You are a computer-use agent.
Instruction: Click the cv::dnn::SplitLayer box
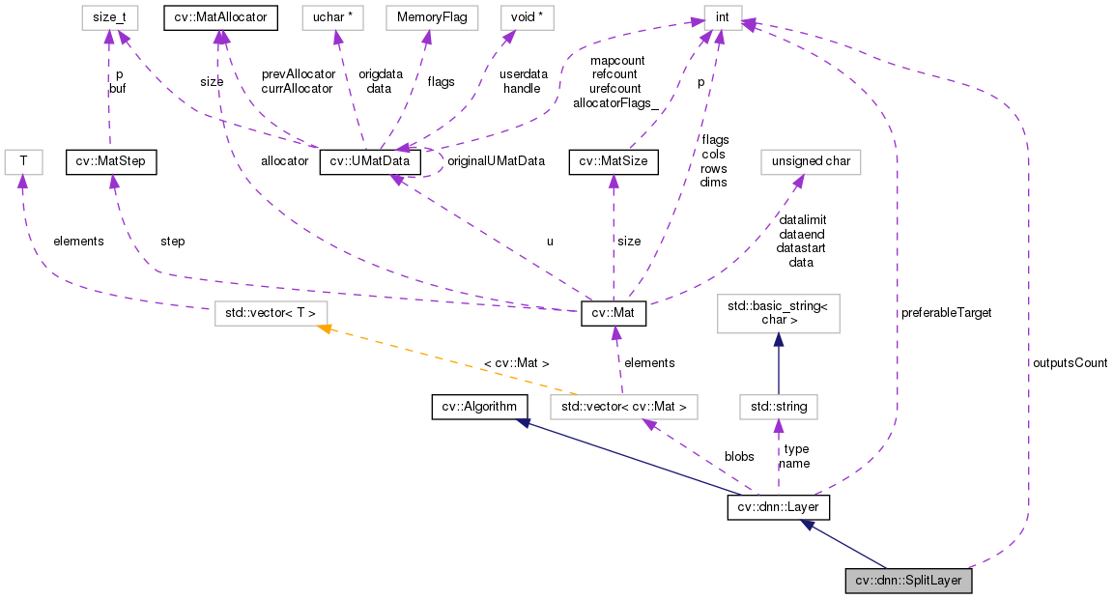908,582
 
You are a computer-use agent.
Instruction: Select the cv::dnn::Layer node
778,506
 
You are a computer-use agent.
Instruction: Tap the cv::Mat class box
613,314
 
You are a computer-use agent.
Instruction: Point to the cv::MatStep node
109,161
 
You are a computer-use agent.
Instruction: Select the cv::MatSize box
613,161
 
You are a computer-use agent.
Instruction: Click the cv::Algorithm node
479,407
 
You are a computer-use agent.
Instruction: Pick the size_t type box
109,16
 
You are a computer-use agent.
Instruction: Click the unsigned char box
811,161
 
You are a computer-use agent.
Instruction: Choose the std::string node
778,407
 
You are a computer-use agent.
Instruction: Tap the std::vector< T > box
271,314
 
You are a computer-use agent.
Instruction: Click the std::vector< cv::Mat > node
623,407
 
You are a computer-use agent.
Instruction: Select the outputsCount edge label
1069,363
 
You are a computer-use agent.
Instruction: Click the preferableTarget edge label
946,313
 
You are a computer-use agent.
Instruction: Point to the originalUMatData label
496,161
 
